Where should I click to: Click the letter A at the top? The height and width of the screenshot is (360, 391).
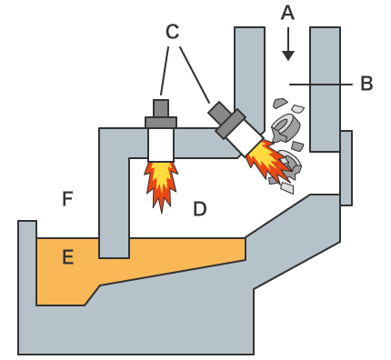tap(287, 14)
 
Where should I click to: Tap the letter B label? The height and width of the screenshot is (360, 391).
tap(366, 84)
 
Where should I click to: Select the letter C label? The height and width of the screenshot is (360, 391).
tap(173, 32)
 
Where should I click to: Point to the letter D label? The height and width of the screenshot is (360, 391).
tap(200, 209)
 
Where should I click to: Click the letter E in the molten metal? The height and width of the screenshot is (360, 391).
tap(68, 257)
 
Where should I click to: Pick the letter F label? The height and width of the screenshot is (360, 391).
tap(67, 199)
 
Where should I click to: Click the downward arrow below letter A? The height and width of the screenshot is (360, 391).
tap(288, 44)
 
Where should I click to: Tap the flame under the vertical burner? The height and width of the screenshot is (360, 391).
tap(161, 185)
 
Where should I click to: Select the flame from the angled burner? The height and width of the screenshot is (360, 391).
tap(268, 161)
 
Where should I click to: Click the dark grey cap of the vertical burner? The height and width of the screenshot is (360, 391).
tap(161, 114)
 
